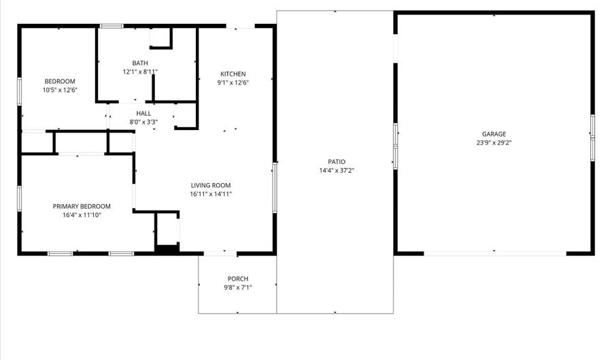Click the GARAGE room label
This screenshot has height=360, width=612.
(x=494, y=134)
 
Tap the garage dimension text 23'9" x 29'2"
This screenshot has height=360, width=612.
(x=494, y=143)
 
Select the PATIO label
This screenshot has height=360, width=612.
(x=336, y=161)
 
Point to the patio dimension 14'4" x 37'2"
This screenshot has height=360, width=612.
(x=336, y=170)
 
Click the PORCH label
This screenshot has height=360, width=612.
(x=237, y=278)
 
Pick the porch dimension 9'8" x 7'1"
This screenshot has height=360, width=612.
(x=237, y=287)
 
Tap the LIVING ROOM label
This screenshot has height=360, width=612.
(x=210, y=185)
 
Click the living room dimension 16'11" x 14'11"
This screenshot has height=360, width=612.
(x=211, y=194)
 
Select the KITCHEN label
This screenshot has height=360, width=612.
(x=233, y=74)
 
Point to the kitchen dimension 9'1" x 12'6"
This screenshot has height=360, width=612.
(x=233, y=83)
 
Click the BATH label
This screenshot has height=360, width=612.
(x=140, y=63)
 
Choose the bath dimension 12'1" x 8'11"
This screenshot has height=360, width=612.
(x=140, y=71)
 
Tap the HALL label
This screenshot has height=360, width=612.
(x=143, y=114)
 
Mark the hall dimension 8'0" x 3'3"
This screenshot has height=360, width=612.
(x=143, y=122)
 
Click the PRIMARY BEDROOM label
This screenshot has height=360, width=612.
(x=82, y=206)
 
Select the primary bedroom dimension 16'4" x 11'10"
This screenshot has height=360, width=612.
(x=82, y=215)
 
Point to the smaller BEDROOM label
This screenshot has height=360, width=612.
(x=59, y=82)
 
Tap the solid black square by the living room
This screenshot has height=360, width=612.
(x=167, y=248)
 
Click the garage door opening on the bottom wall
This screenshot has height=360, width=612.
(x=494, y=253)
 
